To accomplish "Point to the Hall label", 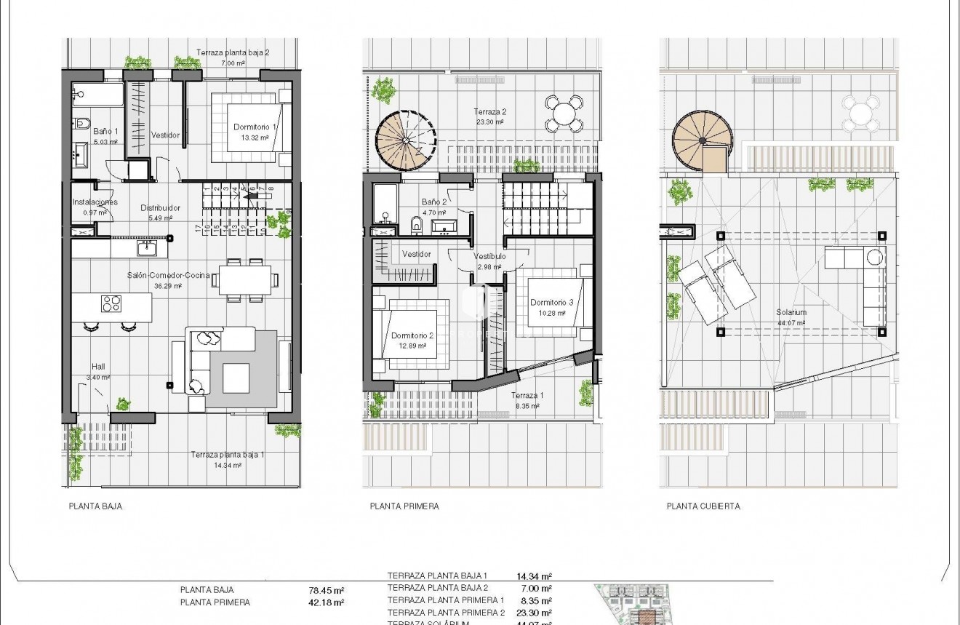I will (99, 367).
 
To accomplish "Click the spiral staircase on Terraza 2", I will (406, 140).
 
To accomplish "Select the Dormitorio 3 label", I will (551, 303).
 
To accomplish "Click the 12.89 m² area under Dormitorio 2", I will (412, 346).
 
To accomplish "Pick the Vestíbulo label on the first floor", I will (489, 257).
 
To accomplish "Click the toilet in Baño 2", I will (416, 224).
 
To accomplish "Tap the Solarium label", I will (791, 313).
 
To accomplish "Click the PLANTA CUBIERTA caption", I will (703, 506).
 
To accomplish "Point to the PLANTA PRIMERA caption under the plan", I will (404, 506).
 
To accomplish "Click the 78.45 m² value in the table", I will (327, 591).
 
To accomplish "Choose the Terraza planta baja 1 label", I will (228, 455).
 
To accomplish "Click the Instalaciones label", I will (95, 202).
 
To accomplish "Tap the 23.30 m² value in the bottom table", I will (534, 613).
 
